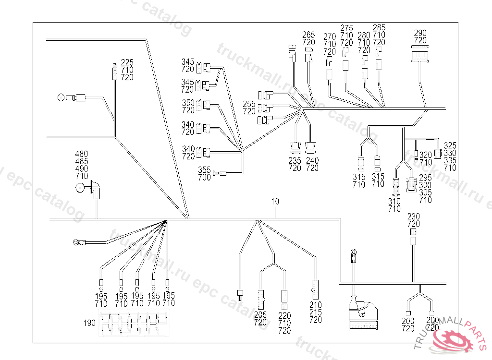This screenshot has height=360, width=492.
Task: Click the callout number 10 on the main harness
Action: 275,202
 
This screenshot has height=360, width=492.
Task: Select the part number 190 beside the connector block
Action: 89,323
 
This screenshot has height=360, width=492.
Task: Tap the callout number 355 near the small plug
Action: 204,170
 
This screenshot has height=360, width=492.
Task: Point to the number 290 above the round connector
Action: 420,33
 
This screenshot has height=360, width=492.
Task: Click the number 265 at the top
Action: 308,35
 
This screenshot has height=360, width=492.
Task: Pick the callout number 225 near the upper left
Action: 127,62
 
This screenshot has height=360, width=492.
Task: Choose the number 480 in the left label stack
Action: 82,155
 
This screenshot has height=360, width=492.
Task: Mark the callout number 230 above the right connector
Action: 413,216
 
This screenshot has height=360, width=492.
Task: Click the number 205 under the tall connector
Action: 260,315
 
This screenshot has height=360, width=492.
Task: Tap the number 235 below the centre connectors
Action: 295,161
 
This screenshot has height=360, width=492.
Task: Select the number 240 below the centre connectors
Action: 312,161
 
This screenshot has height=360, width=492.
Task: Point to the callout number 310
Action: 394,202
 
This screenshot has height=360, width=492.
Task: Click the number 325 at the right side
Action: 450,145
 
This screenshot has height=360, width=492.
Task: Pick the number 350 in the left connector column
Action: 188,103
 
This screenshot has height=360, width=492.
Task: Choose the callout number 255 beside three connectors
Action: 249,104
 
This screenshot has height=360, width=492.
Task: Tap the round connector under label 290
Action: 420,54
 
